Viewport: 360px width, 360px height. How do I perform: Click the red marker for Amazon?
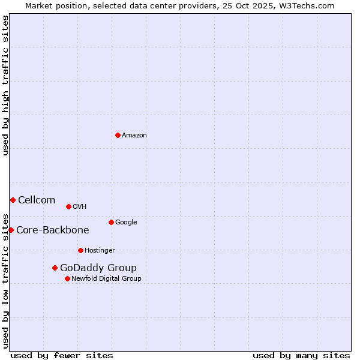tap(118, 135)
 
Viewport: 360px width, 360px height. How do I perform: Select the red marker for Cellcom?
tap(13, 200)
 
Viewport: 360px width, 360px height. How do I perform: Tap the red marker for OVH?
tap(68, 206)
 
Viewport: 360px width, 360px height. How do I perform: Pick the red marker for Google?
tap(111, 222)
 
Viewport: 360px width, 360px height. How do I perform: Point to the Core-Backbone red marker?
tap(11, 230)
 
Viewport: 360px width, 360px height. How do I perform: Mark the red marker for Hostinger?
tap(80, 250)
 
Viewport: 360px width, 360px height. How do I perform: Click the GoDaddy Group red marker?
tap(55, 268)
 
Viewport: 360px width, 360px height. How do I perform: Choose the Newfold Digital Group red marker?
tap(67, 278)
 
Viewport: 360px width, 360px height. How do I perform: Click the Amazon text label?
tap(134, 136)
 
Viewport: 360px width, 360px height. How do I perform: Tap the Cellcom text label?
tap(37, 200)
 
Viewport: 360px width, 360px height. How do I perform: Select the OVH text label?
tap(80, 207)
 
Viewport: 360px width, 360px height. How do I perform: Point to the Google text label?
tap(126, 223)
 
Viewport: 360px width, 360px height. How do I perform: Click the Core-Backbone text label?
tap(53, 230)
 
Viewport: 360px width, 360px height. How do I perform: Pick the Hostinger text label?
tap(100, 251)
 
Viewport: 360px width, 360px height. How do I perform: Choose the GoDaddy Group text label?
tap(98, 268)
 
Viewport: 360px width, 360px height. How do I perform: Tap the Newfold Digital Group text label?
tap(106, 279)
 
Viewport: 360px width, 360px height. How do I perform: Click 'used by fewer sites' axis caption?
tap(62, 355)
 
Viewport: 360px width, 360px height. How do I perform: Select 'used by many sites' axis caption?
tap(301, 355)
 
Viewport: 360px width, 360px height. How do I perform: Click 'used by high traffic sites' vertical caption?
tap(6, 85)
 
